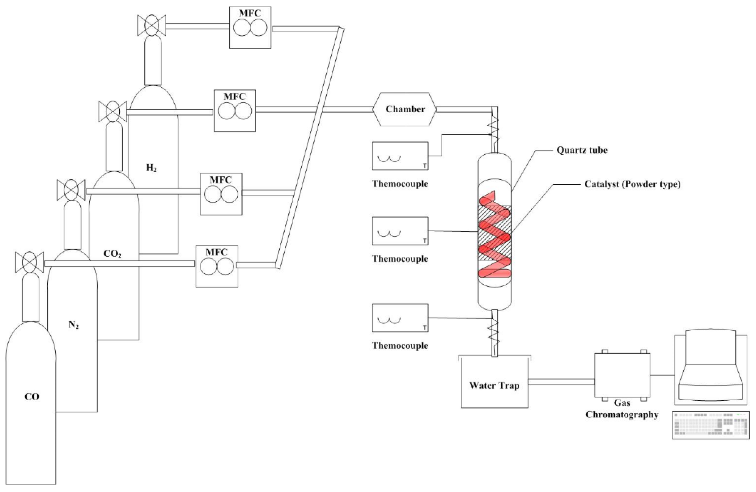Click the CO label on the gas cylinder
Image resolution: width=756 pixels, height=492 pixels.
click(x=32, y=397)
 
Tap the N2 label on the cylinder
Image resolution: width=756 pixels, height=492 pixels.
click(x=73, y=325)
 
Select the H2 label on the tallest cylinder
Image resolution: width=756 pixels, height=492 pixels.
click(x=151, y=168)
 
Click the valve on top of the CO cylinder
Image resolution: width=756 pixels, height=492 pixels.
click(x=30, y=262)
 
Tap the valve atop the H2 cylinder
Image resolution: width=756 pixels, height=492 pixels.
click(x=151, y=25)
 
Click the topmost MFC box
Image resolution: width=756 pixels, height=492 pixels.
click(x=250, y=27)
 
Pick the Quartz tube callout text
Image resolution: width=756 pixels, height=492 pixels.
click(x=582, y=150)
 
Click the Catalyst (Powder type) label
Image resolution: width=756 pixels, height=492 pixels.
click(x=632, y=184)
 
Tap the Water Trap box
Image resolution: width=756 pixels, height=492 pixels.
click(x=494, y=385)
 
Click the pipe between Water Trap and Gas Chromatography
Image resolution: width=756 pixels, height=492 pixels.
click(x=561, y=382)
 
